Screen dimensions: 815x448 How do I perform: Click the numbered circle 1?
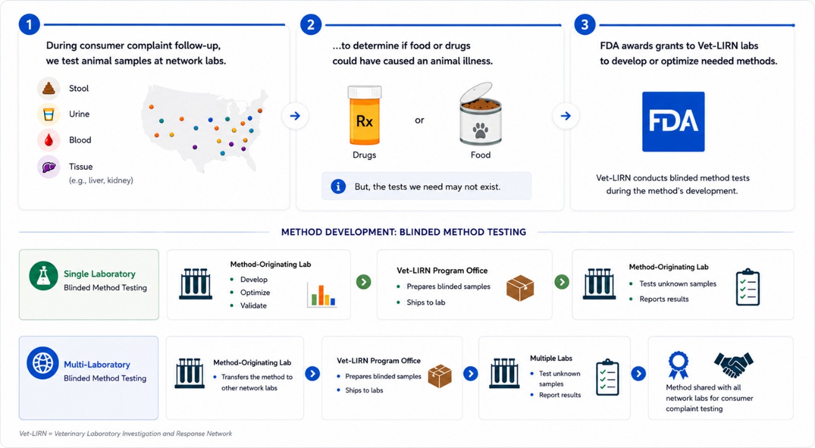point(29,25)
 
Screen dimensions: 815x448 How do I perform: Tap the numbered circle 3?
point(585,25)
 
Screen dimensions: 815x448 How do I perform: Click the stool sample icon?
point(48,88)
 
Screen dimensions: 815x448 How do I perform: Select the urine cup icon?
point(48,114)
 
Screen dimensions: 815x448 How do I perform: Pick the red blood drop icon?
point(48,140)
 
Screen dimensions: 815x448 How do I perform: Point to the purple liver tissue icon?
point(48,167)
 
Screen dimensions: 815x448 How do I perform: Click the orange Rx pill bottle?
point(365,115)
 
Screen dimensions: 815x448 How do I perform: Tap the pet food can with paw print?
point(480,114)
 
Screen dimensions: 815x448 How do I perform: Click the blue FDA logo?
point(673,121)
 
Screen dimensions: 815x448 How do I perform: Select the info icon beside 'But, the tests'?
point(338,187)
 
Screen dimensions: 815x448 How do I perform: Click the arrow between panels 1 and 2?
point(295,116)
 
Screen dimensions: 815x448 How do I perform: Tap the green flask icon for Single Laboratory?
point(43,276)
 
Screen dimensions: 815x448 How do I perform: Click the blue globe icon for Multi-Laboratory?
point(43,363)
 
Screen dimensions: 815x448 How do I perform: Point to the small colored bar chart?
point(321,295)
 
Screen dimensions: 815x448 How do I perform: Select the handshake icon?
point(733,364)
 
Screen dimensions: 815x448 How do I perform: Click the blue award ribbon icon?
point(678,365)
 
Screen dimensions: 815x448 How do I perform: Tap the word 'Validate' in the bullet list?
point(253,306)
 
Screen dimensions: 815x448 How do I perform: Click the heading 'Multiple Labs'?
point(551,358)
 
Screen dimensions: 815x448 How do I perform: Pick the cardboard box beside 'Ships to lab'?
point(520,288)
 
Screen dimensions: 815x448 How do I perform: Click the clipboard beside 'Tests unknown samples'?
point(748,287)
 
